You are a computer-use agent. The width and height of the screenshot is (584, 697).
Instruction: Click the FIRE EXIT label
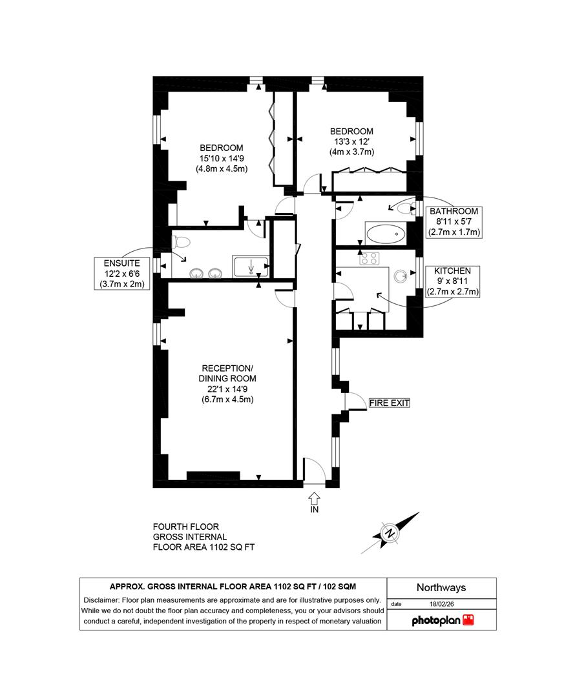(x=389, y=403)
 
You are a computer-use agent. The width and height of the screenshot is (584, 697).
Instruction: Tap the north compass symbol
(x=390, y=533)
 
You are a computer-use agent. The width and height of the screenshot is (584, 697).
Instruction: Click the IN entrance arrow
(x=314, y=498)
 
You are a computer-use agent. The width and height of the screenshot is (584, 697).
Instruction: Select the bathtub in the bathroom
(x=385, y=234)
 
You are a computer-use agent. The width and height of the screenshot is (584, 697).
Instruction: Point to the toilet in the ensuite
(x=180, y=243)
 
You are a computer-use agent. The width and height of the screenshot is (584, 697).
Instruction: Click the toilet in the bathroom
(x=406, y=208)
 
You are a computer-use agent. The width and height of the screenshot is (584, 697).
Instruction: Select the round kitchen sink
(x=401, y=276)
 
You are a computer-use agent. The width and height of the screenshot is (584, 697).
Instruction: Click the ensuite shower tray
(x=250, y=266)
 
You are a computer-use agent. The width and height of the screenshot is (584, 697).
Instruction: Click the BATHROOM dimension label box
(x=454, y=221)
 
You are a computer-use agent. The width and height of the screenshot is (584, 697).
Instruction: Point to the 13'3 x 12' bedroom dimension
(x=351, y=141)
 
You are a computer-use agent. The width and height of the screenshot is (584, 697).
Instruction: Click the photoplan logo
(x=443, y=620)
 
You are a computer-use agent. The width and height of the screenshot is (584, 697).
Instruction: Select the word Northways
(x=441, y=588)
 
